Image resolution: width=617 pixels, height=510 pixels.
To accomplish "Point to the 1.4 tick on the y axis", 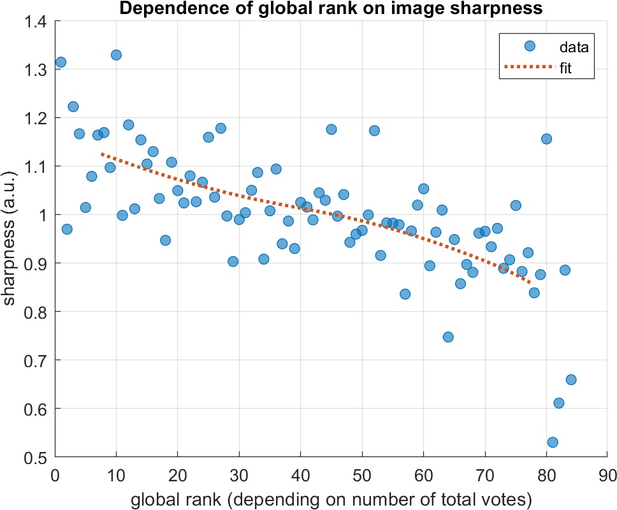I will [37, 21].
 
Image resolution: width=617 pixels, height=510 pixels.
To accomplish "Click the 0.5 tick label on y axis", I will [37, 457].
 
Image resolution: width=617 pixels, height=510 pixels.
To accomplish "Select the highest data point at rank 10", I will [116, 55].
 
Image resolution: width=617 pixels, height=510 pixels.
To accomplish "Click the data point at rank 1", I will [61, 62].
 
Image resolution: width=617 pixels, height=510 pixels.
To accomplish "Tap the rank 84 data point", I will [571, 379].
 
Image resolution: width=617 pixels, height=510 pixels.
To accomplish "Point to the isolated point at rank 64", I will [448, 337].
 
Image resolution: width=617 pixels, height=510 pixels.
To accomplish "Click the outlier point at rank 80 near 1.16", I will [546, 138].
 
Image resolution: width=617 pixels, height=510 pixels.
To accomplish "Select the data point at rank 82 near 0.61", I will [558, 403].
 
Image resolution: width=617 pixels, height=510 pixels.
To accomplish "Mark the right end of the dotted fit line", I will [530, 283].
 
